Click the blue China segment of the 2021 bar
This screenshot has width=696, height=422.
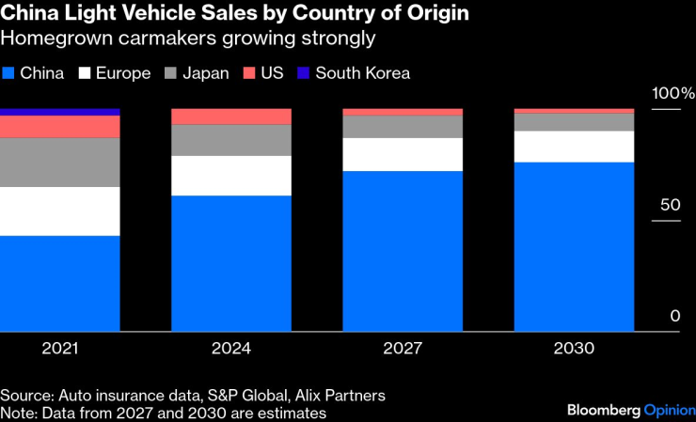(x=60, y=283)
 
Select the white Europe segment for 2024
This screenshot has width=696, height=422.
(x=231, y=176)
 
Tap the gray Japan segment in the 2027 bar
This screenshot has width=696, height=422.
(x=403, y=127)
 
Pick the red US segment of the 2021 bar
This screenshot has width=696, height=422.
(x=60, y=127)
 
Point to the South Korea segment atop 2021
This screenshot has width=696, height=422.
(x=60, y=112)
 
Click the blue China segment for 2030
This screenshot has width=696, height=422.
(x=574, y=246)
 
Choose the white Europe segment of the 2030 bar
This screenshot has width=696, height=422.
(x=574, y=147)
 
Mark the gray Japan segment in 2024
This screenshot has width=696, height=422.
(x=231, y=140)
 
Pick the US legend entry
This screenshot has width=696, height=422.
(x=264, y=73)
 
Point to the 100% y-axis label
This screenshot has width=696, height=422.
(x=672, y=94)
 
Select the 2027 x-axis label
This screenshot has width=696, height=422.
(x=403, y=349)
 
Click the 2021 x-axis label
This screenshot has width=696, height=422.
(x=60, y=349)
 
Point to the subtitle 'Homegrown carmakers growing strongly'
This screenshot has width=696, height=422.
(x=187, y=39)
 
